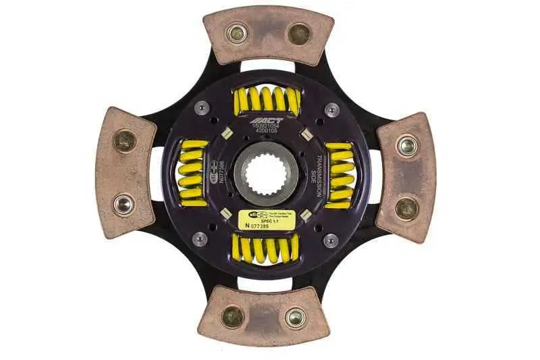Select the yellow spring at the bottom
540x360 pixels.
pyautogui.click(x=265, y=249)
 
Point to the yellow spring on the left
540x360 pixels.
pyautogui.click(x=193, y=174)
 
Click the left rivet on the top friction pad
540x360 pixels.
pyautogui.click(x=236, y=32)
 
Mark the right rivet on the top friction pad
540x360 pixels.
pyautogui.click(x=298, y=32)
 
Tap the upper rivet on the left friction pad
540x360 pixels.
pyautogui.click(x=124, y=140)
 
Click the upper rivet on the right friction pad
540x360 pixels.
pyautogui.click(x=406, y=145)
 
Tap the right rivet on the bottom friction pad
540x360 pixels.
pyautogui.click(x=295, y=317)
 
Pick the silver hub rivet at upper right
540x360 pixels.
pyautogui.click(x=331, y=109)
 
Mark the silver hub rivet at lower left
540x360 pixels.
pyautogui.click(x=200, y=239)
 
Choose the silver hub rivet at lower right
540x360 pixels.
pyautogui.click(x=331, y=240)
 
